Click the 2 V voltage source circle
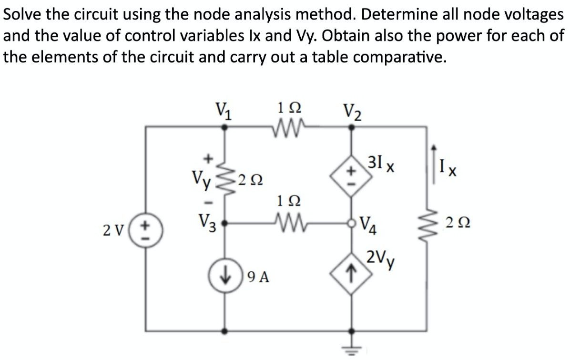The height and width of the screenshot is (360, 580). click(x=147, y=231)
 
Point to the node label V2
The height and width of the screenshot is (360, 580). click(x=352, y=114)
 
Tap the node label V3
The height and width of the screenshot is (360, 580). click(x=207, y=223)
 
